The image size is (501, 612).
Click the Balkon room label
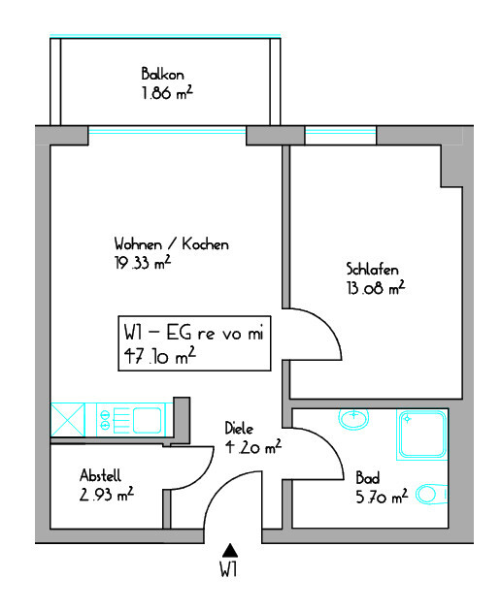(x=162, y=74)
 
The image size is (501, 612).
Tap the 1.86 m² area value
(x=167, y=93)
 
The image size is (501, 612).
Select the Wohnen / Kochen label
(x=172, y=244)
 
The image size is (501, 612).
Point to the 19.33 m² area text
(x=143, y=262)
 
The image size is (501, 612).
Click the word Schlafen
(x=372, y=270)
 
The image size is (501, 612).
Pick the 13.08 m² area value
(x=376, y=288)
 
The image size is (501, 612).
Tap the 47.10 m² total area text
(x=159, y=356)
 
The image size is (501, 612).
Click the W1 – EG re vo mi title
(x=194, y=333)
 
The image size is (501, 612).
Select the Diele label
(x=239, y=429)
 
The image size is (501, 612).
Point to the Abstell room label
(x=100, y=475)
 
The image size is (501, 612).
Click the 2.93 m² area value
(x=107, y=494)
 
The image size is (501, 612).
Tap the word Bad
(x=368, y=478)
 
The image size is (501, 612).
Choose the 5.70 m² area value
(x=382, y=497)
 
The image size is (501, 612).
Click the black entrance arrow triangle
(x=230, y=550)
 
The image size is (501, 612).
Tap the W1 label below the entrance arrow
(x=228, y=569)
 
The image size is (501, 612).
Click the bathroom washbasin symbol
(x=353, y=419)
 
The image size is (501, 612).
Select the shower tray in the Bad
(x=422, y=434)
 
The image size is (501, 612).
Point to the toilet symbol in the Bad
(x=431, y=494)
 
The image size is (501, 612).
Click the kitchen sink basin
(x=147, y=420)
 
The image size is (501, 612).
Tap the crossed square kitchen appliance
(x=68, y=420)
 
